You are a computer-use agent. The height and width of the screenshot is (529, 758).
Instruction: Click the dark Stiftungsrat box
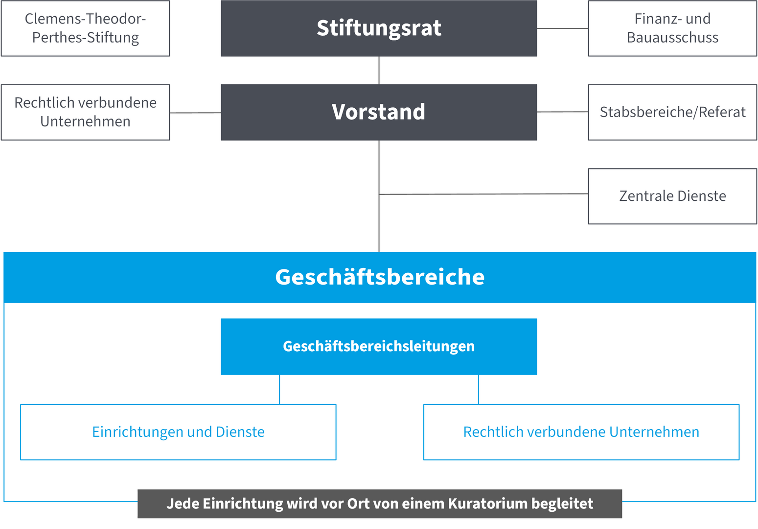pyautogui.click(x=379, y=28)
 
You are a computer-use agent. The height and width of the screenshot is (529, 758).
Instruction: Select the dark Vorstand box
pyautogui.click(x=379, y=112)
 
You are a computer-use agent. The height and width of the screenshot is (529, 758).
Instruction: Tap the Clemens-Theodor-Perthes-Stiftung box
pyautogui.click(x=85, y=28)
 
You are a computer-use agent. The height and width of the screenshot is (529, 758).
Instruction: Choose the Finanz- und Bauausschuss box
pyautogui.click(x=672, y=28)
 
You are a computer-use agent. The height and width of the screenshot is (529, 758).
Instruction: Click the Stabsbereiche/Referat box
pyautogui.click(x=672, y=112)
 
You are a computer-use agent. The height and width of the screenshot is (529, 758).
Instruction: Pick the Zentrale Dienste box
pyautogui.click(x=672, y=196)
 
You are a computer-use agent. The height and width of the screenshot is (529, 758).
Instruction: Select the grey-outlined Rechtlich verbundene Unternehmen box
pyautogui.click(x=85, y=112)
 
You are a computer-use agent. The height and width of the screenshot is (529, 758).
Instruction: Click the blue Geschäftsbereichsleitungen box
pyautogui.click(x=379, y=346)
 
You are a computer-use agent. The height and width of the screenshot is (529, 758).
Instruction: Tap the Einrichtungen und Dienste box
pyautogui.click(x=178, y=432)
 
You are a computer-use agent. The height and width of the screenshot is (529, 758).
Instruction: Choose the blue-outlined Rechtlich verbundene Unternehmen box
pyautogui.click(x=581, y=432)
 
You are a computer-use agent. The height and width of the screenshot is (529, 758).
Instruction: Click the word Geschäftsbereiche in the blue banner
pyautogui.click(x=380, y=277)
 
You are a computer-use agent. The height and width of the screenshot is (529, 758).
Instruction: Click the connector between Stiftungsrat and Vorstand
pyautogui.click(x=379, y=71)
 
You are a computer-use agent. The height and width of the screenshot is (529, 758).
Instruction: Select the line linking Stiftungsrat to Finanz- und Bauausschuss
pyautogui.click(x=563, y=28)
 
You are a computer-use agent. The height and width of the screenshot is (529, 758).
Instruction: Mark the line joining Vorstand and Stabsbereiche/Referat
pyautogui.click(x=563, y=112)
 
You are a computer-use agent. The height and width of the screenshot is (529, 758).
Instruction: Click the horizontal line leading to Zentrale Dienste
pyautogui.click(x=483, y=194)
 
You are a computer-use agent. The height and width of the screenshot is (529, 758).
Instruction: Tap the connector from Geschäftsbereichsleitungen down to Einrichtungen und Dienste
pyautogui.click(x=279, y=389)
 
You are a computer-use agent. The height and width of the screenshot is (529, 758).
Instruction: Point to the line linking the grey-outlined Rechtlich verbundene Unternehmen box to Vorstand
pyautogui.click(x=195, y=113)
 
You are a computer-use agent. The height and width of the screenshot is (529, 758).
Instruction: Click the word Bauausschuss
pyautogui.click(x=672, y=38)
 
